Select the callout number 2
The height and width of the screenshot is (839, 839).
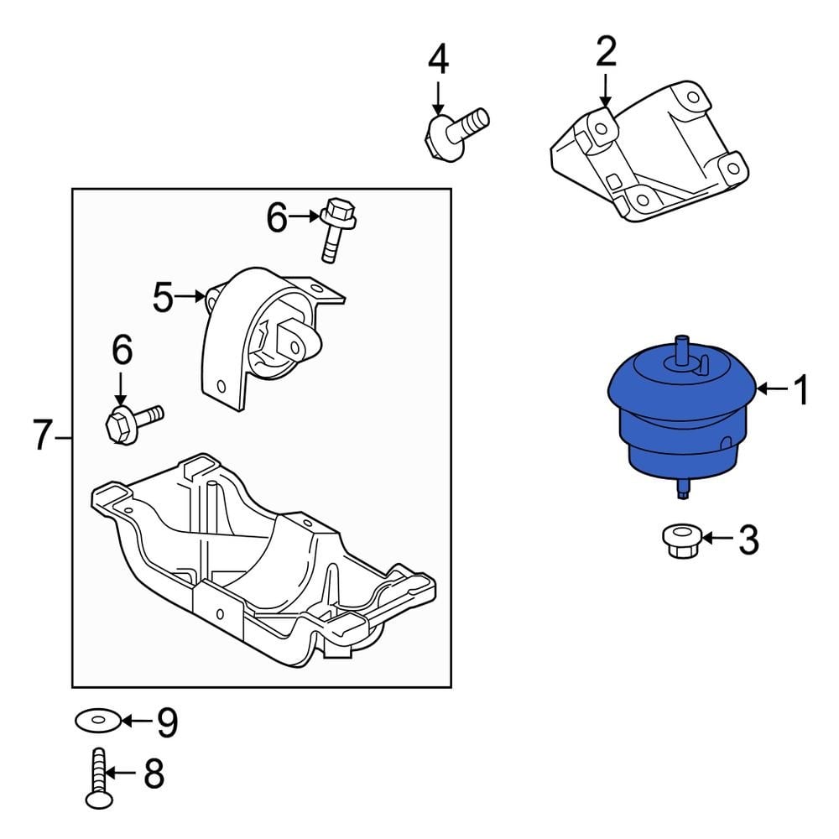pyautogui.click(x=606, y=52)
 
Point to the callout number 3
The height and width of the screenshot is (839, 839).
pyautogui.click(x=748, y=540)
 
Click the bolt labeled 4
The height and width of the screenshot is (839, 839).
pyautogui.click(x=457, y=128)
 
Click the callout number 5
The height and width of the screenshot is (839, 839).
pyautogui.click(x=163, y=297)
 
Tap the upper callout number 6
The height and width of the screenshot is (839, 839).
pyautogui.click(x=278, y=219)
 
